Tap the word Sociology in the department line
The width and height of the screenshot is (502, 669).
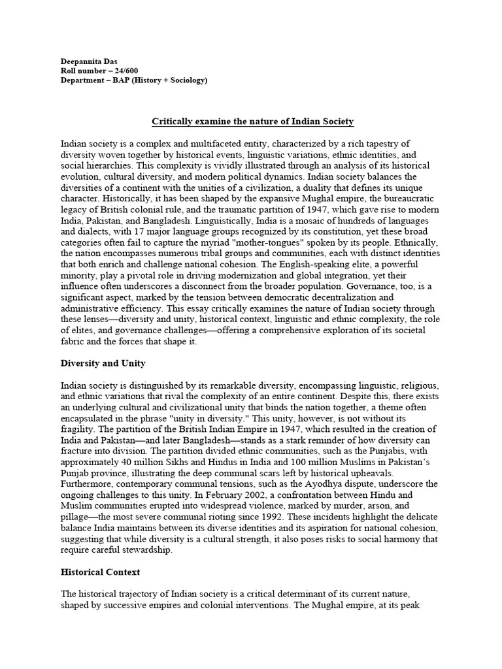click(185, 80)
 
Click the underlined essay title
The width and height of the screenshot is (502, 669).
click(253, 121)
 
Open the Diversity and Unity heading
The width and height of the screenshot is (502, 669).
click(103, 363)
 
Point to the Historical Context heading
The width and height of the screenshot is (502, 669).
click(100, 572)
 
